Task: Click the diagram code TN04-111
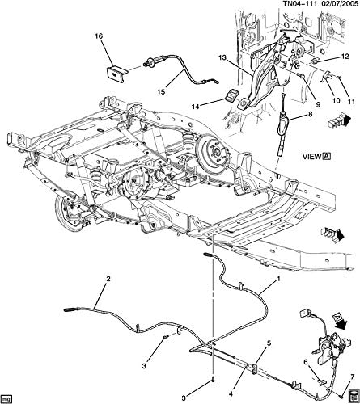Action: (284, 6)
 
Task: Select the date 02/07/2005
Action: (332, 6)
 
